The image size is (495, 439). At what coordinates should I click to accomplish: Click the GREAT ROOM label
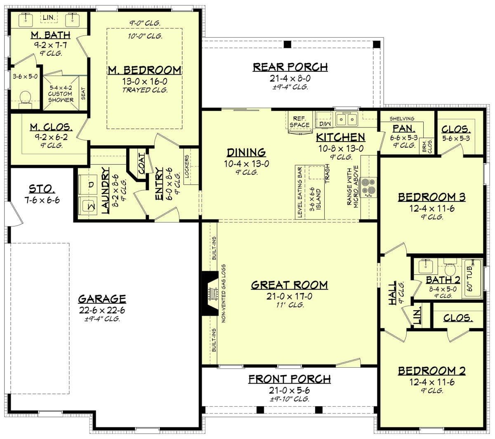(x=289, y=285)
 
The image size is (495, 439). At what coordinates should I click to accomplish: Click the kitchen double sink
(x=346, y=120)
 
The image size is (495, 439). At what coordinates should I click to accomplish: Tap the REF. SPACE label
(x=299, y=122)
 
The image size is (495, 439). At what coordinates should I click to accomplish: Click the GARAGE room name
(x=102, y=299)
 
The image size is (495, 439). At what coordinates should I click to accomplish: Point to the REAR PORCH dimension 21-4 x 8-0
(x=290, y=78)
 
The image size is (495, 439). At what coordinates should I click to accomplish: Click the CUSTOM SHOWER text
(x=60, y=97)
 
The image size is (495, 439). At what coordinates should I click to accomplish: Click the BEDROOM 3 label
(x=431, y=197)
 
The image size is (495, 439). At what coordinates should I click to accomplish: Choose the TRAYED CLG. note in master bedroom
(x=145, y=90)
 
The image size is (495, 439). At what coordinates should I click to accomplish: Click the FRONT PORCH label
(x=289, y=379)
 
